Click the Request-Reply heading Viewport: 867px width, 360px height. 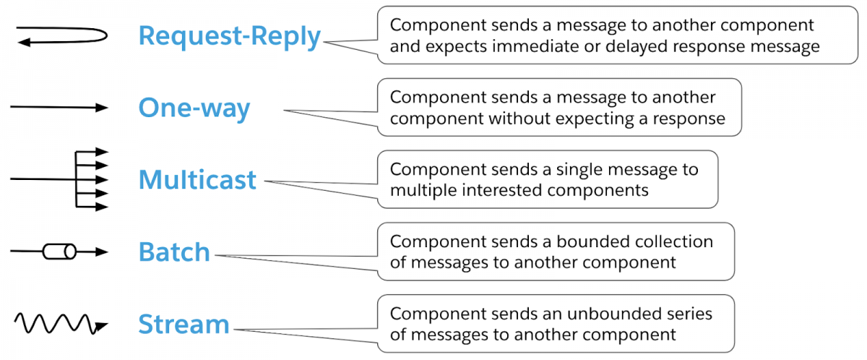229,36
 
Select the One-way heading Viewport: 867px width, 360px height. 194,108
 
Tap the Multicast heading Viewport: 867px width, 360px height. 197,179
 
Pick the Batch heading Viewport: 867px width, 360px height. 174,252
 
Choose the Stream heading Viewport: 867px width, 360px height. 184,324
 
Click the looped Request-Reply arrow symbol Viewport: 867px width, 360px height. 62,35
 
